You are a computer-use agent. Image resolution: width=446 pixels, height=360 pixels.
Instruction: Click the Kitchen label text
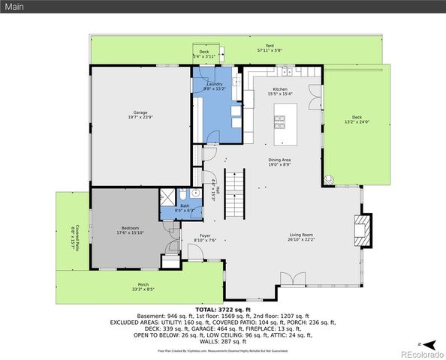click(280, 91)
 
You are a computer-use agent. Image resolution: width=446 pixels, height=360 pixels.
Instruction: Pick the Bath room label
click(184, 208)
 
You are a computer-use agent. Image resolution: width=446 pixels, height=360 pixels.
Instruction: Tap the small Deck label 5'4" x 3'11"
click(204, 54)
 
